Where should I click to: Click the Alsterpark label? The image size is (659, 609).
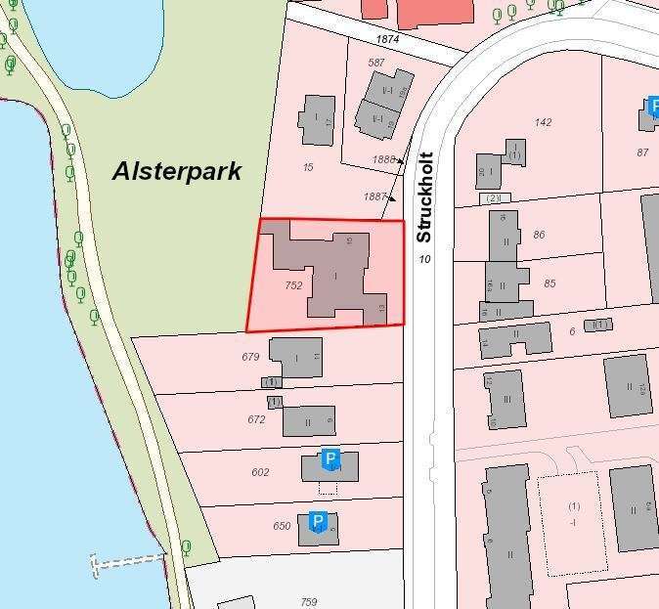(176, 171)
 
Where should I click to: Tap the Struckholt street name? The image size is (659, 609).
(424, 197)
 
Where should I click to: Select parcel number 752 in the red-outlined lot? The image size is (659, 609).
(293, 285)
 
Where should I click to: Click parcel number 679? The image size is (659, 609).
(250, 357)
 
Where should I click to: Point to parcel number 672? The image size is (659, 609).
(256, 419)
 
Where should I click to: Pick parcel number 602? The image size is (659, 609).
(259, 472)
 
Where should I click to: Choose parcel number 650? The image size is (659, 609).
(282, 526)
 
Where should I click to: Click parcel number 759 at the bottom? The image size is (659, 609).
(309, 602)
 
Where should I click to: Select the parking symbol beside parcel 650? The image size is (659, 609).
(317, 522)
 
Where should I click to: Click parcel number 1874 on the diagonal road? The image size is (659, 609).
(388, 39)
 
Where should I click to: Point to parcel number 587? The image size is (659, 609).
(376, 63)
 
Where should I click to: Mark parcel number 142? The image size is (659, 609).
(543, 122)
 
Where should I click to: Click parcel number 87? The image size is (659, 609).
(642, 152)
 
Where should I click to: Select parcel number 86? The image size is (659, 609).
(539, 235)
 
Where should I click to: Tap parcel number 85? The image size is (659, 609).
(549, 283)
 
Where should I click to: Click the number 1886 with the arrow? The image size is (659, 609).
(383, 159)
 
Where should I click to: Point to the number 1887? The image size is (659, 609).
(374, 196)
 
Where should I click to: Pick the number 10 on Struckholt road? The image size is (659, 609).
(424, 259)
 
